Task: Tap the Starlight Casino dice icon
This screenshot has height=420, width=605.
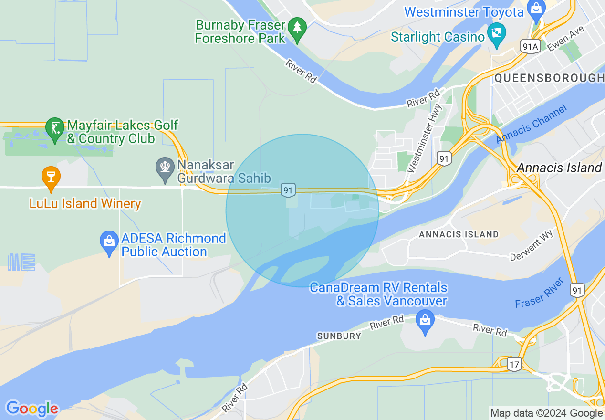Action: coord(497,34)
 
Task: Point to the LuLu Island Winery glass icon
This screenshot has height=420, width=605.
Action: coord(51,177)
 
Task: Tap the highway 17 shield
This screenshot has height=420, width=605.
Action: coord(513,364)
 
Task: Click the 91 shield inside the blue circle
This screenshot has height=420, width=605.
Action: coord(287,190)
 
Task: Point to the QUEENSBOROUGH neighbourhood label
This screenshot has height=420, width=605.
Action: coord(549,78)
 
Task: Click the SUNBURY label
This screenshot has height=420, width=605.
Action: coord(339,336)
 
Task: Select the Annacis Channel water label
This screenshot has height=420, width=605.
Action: coord(532,124)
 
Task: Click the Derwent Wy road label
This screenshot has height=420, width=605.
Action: coord(532,245)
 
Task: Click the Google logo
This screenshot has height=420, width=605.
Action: coord(31,409)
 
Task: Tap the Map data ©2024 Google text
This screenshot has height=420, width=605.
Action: coord(546,413)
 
